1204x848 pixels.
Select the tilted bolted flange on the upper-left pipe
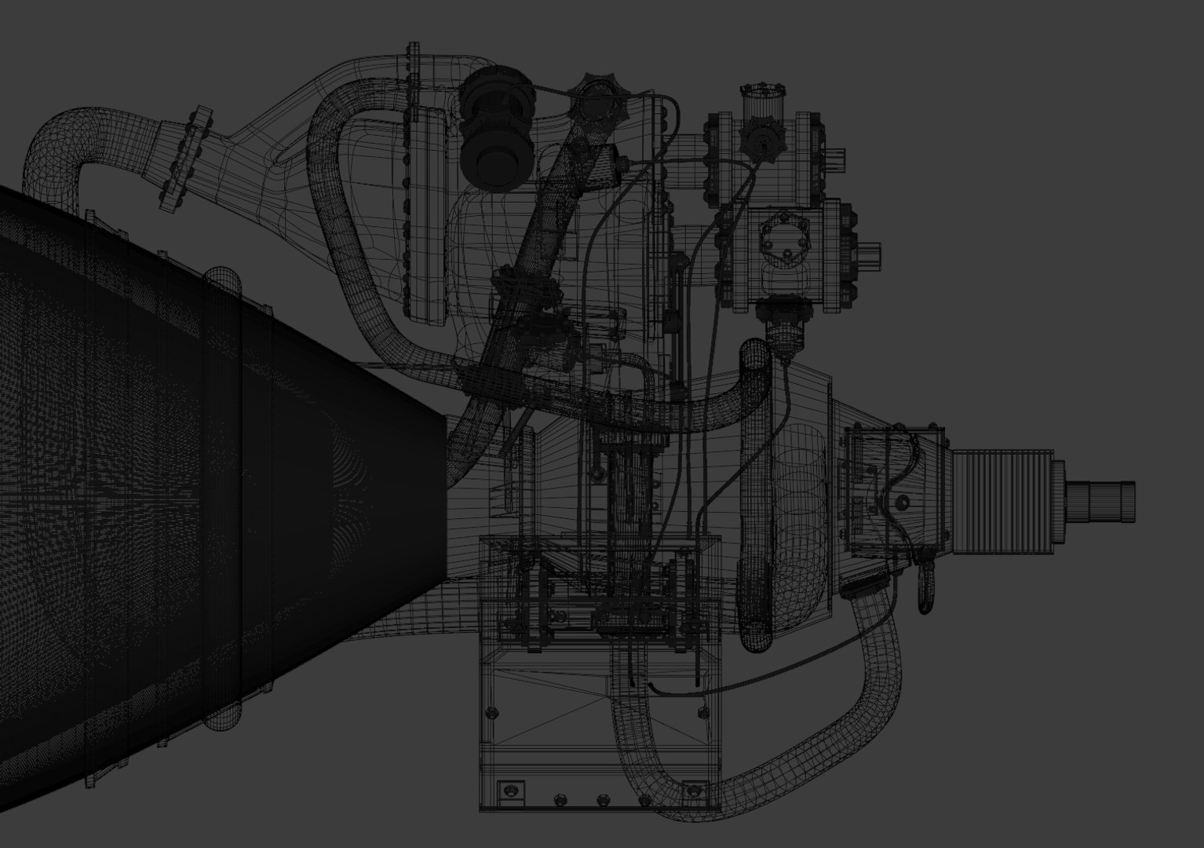[183, 159]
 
